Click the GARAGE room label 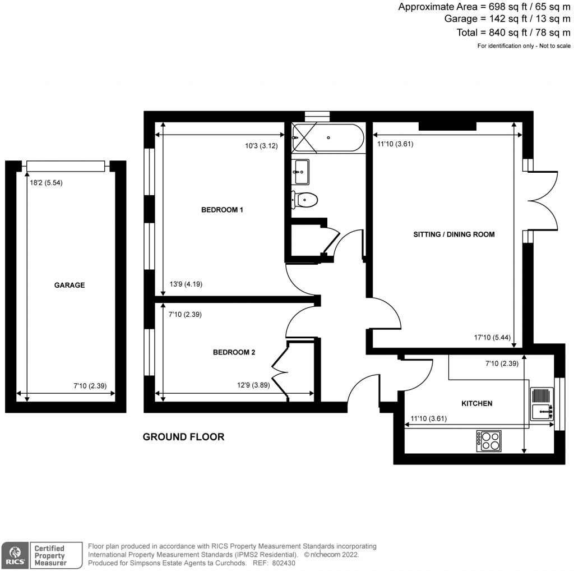[70, 285]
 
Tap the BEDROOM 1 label [222, 210]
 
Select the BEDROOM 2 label [234, 352]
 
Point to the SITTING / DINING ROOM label [454, 234]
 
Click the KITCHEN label [476, 403]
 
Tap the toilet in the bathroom [305, 199]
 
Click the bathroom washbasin [300, 171]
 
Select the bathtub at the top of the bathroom [328, 137]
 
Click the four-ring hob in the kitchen [488, 441]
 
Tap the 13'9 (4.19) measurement [185, 284]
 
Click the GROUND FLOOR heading [183, 437]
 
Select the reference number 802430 [285, 563]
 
